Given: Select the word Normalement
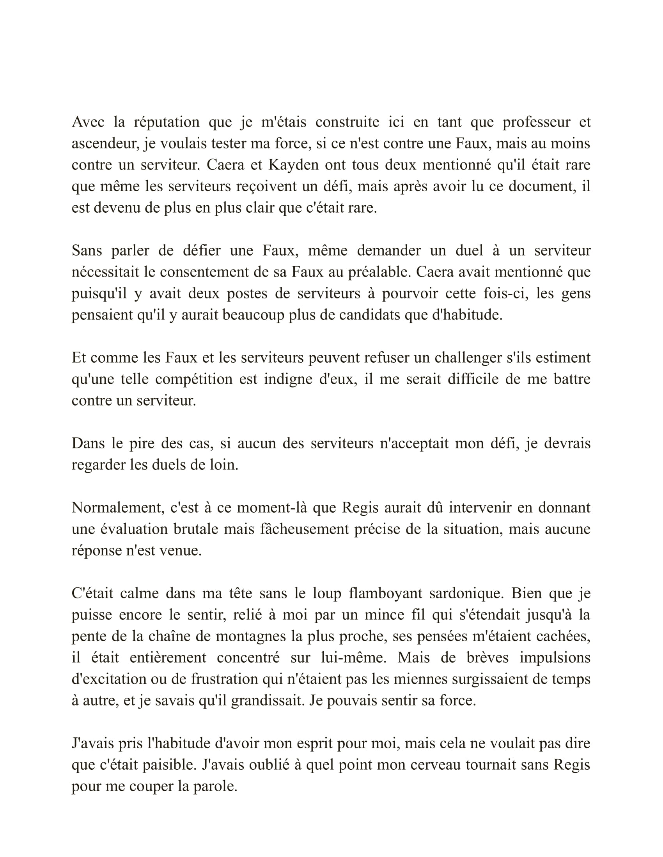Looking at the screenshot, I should pyautogui.click(x=118, y=508).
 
